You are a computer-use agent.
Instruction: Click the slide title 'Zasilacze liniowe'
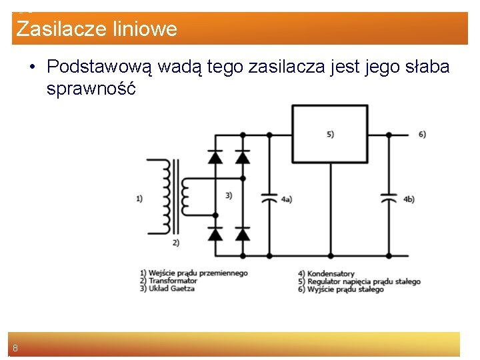click(97, 29)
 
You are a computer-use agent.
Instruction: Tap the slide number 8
click(15, 348)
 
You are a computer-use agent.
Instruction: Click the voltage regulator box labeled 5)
click(330, 134)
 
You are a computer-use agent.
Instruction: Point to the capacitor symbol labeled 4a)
click(269, 199)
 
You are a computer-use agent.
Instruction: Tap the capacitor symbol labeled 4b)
click(389, 199)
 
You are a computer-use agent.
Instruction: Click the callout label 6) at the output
click(422, 134)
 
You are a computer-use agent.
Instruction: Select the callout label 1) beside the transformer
click(139, 198)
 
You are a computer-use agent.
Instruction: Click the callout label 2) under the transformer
click(175, 243)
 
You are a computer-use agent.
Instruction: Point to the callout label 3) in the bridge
click(229, 195)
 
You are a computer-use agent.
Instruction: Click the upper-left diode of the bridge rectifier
click(215, 157)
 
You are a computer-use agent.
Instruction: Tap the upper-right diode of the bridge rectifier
click(243, 157)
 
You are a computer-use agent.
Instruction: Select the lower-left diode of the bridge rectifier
click(215, 234)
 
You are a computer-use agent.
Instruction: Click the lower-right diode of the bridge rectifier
click(243, 234)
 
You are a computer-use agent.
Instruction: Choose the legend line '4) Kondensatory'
click(326, 274)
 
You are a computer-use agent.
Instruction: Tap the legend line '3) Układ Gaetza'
click(167, 289)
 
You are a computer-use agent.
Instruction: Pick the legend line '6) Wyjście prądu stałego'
click(341, 289)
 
